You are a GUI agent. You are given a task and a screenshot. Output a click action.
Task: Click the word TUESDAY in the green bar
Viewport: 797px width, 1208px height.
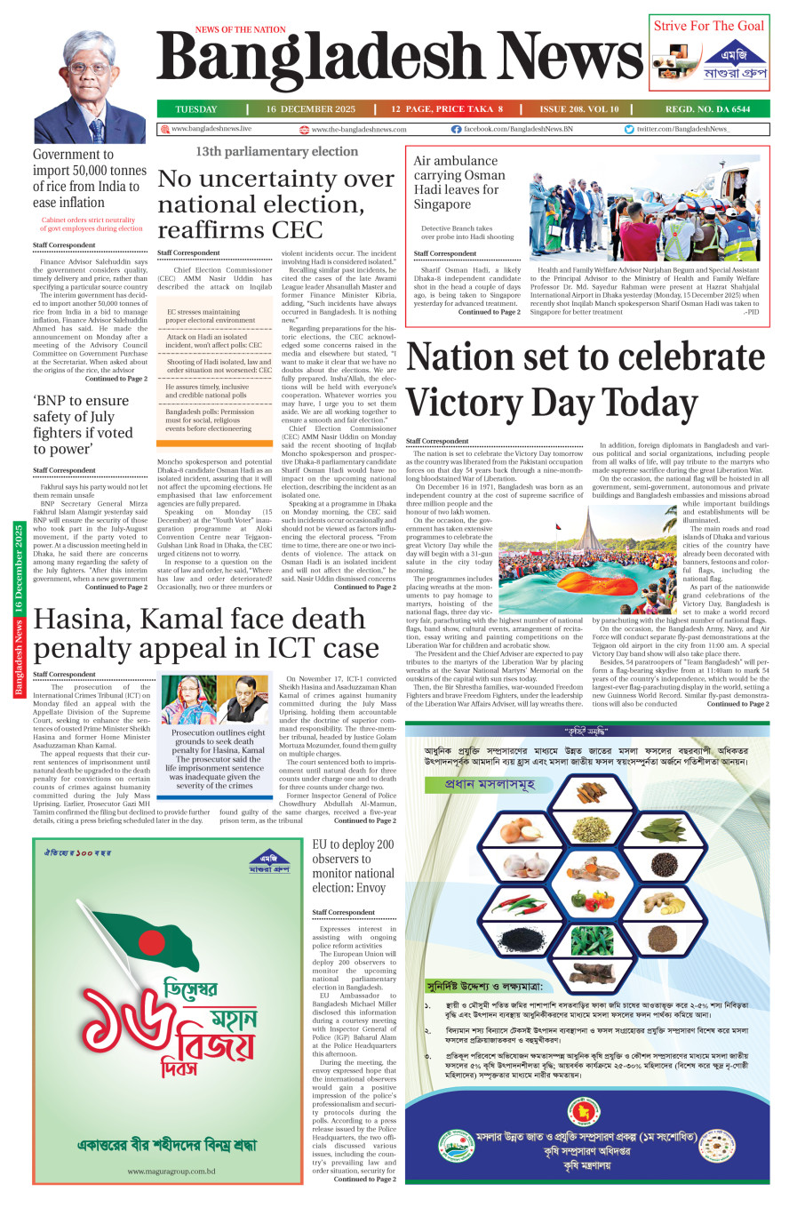pyautogui.click(x=195, y=109)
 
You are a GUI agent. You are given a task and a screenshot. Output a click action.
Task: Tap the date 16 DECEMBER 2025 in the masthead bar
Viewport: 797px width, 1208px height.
pyautogui.click(x=310, y=109)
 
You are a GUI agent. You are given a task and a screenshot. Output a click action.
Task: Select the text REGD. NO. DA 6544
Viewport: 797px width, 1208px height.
pyautogui.click(x=707, y=109)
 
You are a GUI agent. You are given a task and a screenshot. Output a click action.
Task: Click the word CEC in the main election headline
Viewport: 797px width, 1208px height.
pyautogui.click(x=297, y=230)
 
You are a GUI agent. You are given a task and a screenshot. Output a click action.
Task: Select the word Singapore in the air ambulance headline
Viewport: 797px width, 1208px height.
pyautogui.click(x=442, y=204)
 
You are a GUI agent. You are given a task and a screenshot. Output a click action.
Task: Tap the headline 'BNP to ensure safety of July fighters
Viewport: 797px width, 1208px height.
pyautogui.click(x=83, y=425)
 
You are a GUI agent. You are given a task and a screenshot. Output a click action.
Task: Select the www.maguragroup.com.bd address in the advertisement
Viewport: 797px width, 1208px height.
pyautogui.click(x=171, y=1171)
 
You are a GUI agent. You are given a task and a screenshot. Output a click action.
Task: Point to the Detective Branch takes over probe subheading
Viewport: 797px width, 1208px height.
pyautogui.click(x=466, y=233)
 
